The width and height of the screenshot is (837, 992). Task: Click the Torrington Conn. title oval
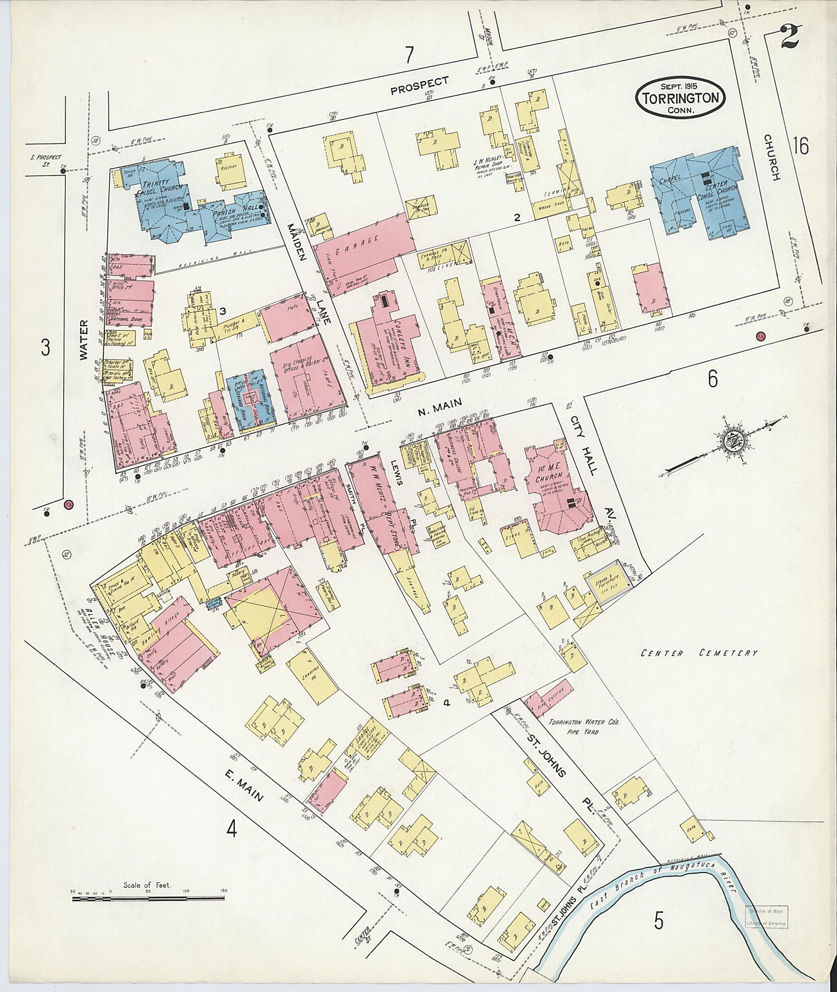[680, 98]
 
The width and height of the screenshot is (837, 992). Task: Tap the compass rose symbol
[730, 441]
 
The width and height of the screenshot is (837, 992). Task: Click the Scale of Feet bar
[148, 898]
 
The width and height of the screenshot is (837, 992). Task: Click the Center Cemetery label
[699, 652]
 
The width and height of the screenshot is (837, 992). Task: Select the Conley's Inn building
[391, 340]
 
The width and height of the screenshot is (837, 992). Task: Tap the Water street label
[84, 340]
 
